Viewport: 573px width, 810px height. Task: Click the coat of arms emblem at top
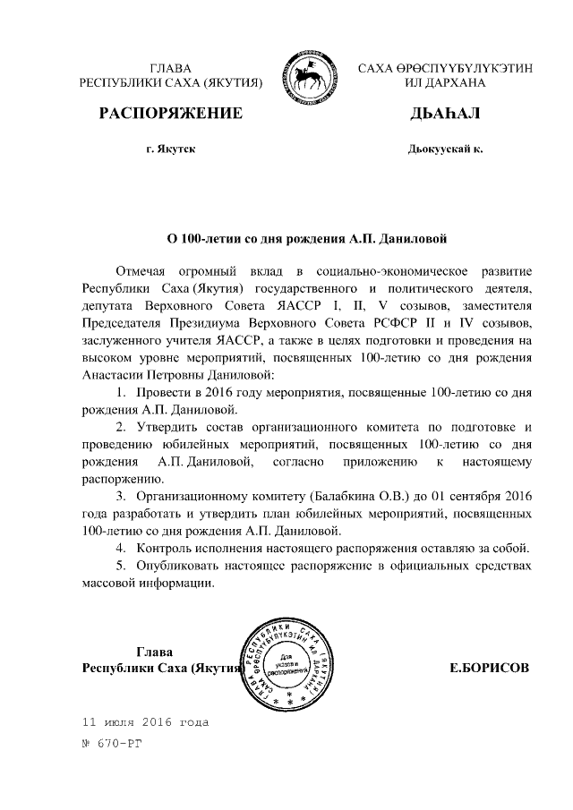[309, 75]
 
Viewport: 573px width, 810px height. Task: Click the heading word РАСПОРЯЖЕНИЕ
[170, 114]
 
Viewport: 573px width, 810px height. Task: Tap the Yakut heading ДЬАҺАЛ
[445, 114]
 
